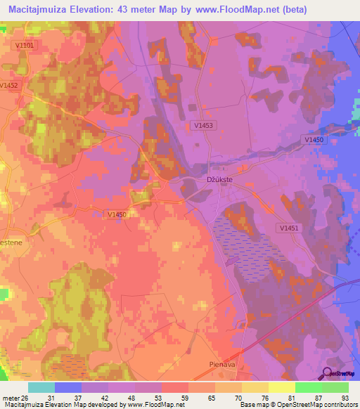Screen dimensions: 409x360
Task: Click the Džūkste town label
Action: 219,180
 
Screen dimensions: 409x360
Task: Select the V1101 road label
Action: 24,46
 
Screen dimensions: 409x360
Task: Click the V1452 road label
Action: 8,86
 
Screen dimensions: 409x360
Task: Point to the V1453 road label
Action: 202,125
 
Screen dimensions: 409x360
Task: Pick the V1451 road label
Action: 288,228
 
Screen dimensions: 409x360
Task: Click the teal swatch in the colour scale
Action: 41,387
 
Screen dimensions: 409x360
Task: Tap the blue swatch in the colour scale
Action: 68,387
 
